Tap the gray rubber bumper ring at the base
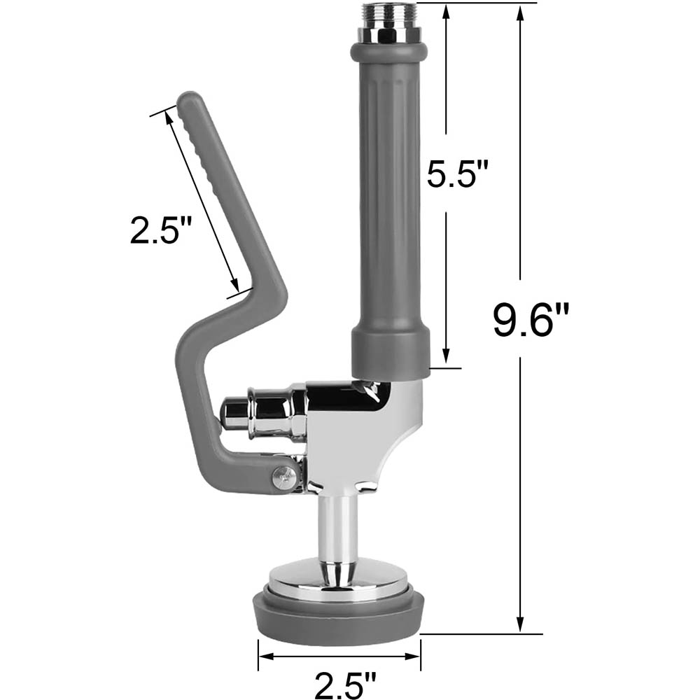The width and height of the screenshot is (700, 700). pos(339,617)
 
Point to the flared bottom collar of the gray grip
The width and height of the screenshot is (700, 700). pos(388,350)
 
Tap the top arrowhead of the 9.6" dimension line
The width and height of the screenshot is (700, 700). pos(519,10)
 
